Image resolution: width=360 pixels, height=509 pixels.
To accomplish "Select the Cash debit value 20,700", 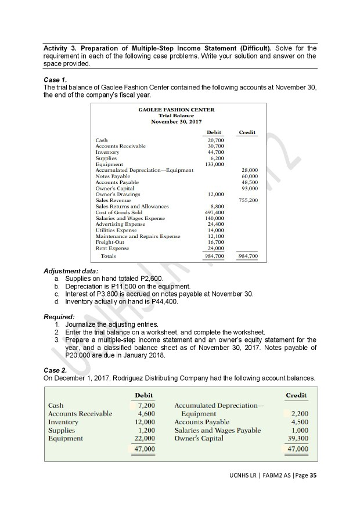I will pos(215,140).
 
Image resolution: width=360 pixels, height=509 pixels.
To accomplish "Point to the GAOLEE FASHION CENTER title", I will pos(177,110).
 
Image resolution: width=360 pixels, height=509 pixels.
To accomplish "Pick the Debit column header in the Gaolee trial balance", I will pos(215,132).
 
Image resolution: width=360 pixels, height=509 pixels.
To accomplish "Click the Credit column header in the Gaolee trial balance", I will pos(247,132).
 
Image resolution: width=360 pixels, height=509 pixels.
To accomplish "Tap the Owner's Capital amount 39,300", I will pos(296,438).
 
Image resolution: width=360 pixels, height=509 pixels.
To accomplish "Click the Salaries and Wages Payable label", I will pos(217,430).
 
